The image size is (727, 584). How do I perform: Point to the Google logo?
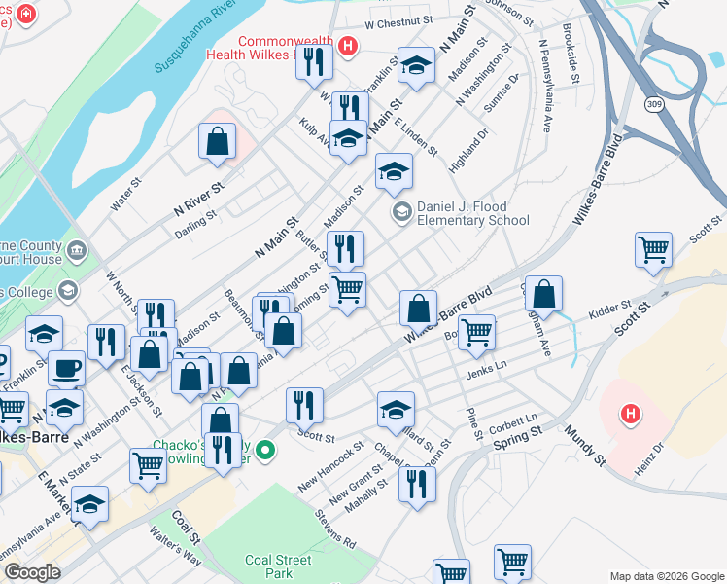click(x=31, y=572)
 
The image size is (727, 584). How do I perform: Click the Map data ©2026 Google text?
click(x=666, y=576)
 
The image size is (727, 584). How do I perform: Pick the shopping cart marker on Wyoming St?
click(x=347, y=288)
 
